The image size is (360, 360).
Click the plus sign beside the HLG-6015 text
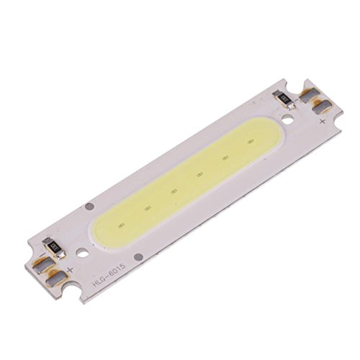click(70, 270)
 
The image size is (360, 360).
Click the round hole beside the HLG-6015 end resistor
click(84, 253)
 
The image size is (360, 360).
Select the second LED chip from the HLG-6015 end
click(173, 192)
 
